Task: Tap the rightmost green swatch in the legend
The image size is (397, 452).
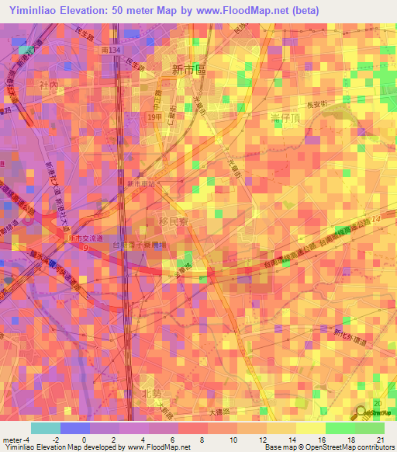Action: (369, 428)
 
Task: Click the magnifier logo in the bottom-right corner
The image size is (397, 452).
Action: (363, 414)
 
